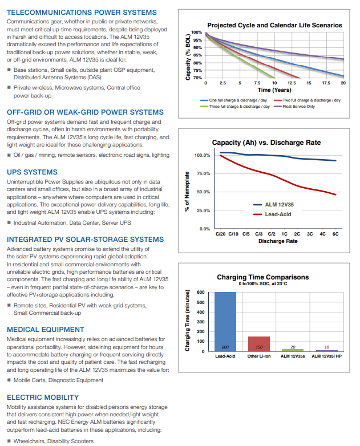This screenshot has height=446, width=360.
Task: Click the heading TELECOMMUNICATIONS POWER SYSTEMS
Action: coord(82,12)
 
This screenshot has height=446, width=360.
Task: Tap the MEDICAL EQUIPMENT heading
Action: coord(46,330)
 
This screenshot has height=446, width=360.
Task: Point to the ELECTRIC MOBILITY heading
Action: coord(43,397)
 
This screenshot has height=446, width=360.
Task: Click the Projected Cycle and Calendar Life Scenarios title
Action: coord(274,25)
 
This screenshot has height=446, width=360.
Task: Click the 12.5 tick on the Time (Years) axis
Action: coord(292,83)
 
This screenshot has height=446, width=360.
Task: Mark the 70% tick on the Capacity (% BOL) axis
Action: coord(197,78)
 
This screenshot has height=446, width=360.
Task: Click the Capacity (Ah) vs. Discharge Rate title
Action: coord(266,143)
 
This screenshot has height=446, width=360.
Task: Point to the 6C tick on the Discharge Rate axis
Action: coord(335,234)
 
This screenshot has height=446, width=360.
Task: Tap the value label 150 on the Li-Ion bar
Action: coord(258,347)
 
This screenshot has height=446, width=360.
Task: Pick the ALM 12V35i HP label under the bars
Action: coord(327,356)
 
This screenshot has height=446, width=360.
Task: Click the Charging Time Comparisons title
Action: coord(263,277)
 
